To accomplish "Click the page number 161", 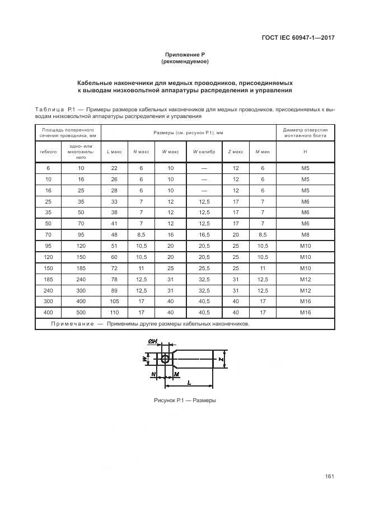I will coord(329,477).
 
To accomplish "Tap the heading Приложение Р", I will coord(185,54).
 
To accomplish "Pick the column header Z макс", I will coord(236,152).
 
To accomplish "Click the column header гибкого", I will coord(48,152).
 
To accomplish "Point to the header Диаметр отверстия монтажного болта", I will coord(305,133).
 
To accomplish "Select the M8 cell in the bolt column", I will coord(305,235).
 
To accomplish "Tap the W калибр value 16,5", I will coord(204,235).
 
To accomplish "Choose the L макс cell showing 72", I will coord(114,268).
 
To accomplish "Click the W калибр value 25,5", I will coord(204,268).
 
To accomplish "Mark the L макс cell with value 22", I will coord(114,168).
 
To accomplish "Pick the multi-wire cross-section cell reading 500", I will coord(81,313).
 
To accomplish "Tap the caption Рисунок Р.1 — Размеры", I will coord(185,401).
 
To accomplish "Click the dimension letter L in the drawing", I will coord(190,382).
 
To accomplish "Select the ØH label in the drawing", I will coord(153,341).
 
